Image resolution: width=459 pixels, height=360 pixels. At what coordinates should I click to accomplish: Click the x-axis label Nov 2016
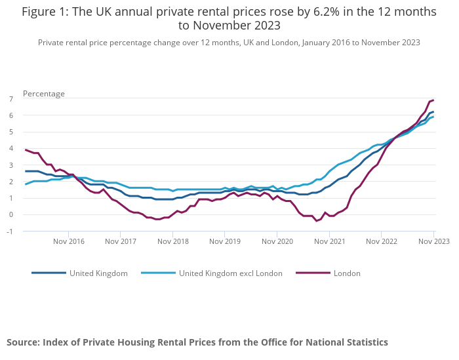pyautogui.click(x=68, y=241)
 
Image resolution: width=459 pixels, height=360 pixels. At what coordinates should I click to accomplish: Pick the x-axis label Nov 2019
pyautogui.click(x=225, y=241)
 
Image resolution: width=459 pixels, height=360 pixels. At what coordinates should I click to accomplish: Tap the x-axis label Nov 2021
pyautogui.click(x=329, y=241)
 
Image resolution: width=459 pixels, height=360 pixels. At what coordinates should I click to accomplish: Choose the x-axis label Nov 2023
pyautogui.click(x=433, y=241)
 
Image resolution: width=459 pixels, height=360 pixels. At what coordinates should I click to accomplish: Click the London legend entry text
pyautogui.click(x=347, y=273)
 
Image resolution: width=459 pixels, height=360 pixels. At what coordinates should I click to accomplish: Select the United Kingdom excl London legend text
pyautogui.click(x=231, y=273)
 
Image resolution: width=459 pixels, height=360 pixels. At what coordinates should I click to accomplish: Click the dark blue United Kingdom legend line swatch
pyautogui.click(x=49, y=273)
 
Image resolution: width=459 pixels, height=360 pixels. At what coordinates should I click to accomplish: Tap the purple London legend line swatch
pyautogui.click(x=312, y=273)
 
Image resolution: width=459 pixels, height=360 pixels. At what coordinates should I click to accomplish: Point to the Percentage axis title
pyautogui.click(x=44, y=93)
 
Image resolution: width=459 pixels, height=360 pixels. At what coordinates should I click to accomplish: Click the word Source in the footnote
pyautogui.click(x=22, y=342)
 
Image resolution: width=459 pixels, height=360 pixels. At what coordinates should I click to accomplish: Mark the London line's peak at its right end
pyautogui.click(x=433, y=100)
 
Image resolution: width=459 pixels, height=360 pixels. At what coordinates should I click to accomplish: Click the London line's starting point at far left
pyautogui.click(x=26, y=150)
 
